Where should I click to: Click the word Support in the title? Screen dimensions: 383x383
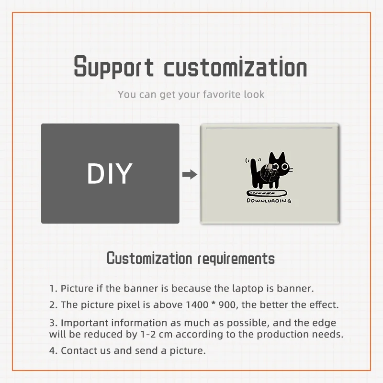click(114, 67)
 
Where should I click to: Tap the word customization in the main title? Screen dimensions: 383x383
click(236, 67)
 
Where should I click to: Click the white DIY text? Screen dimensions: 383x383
click(110, 173)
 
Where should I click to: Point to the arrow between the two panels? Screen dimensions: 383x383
click(190, 174)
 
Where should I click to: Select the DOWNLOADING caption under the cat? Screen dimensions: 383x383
click(269, 201)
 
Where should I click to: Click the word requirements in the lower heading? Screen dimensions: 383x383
click(236, 259)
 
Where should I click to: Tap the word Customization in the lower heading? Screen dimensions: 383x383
click(149, 258)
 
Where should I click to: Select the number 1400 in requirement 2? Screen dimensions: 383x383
click(197, 305)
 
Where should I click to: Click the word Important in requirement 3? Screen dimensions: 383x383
click(85, 323)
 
